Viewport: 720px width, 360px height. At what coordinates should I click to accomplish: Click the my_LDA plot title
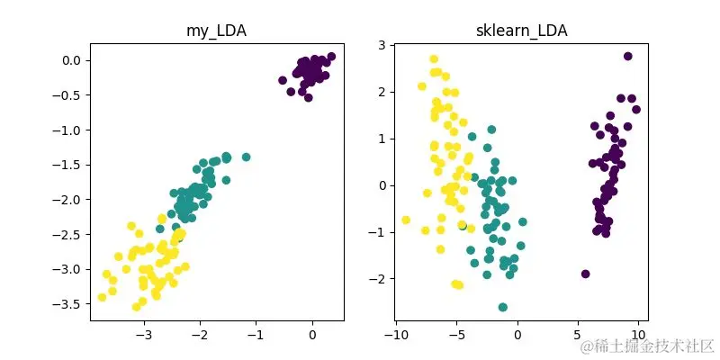click(x=216, y=31)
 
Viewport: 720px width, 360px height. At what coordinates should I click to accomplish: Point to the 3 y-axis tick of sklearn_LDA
click(x=381, y=45)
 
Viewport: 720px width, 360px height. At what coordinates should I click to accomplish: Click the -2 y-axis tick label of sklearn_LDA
click(x=378, y=279)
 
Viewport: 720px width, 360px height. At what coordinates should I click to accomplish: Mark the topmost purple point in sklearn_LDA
click(x=628, y=56)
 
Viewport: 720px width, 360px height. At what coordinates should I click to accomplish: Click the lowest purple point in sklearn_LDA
click(x=586, y=274)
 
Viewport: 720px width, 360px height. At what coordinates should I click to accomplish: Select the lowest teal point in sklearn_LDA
click(x=503, y=307)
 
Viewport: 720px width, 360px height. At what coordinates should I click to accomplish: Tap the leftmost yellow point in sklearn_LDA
click(x=406, y=220)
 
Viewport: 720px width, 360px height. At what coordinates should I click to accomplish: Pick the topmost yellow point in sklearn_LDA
click(x=434, y=59)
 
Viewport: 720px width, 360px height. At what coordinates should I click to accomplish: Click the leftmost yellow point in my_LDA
click(x=103, y=297)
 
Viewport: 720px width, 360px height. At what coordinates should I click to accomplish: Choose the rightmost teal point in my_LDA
click(x=246, y=157)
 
